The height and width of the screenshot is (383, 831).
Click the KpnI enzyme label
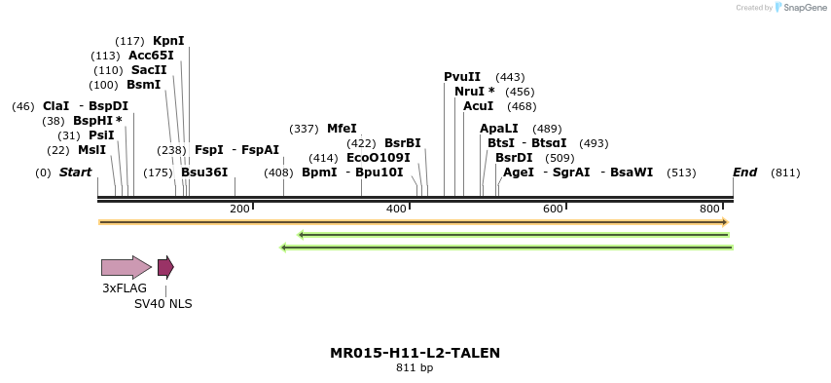168,41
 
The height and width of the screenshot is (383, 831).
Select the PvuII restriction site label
462,77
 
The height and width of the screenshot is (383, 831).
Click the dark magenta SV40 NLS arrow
165,267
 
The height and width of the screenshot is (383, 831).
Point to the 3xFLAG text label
125,288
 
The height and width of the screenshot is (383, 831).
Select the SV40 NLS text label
163,304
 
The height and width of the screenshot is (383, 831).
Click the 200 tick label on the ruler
239,210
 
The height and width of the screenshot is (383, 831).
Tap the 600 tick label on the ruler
553,210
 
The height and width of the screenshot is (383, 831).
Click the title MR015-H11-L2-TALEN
415,353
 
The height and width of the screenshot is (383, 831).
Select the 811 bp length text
415,368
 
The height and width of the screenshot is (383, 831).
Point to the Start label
75,172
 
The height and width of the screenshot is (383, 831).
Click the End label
744,172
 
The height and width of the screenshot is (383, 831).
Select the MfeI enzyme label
342,129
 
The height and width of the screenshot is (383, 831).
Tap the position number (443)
510,77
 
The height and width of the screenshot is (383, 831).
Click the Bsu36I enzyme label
204,172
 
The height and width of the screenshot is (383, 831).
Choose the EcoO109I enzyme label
379,158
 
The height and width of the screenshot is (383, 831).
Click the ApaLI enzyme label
499,129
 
